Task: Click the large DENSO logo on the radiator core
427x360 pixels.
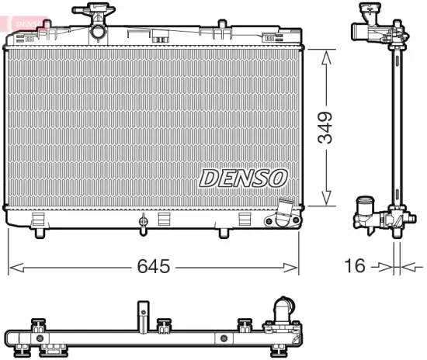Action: click(x=243, y=178)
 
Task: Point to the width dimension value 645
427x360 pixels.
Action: click(x=153, y=267)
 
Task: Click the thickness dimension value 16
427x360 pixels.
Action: click(x=354, y=267)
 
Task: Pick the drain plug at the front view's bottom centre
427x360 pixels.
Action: click(x=142, y=223)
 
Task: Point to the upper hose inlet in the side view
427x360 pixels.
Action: click(x=362, y=32)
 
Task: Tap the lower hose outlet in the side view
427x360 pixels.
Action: click(x=363, y=210)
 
